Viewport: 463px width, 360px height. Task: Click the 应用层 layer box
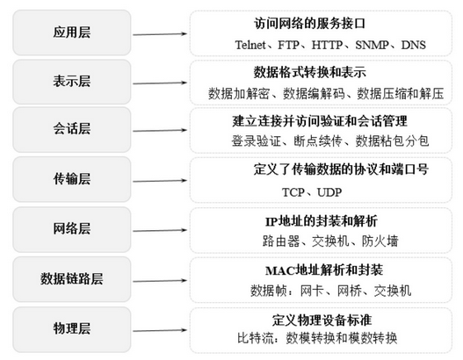(x=72, y=32)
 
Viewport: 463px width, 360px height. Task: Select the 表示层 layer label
(x=72, y=82)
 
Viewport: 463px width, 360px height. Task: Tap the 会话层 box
(x=72, y=130)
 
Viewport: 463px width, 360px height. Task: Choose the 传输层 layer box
(x=72, y=179)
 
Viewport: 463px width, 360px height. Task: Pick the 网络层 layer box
(x=72, y=229)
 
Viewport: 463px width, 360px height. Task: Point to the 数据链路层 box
(x=72, y=279)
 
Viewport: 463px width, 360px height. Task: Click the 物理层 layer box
(x=72, y=329)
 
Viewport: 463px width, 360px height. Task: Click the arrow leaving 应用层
(x=160, y=34)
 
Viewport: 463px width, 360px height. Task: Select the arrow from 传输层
(x=160, y=181)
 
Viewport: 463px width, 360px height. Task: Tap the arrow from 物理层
(x=160, y=330)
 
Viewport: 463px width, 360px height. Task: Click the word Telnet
(x=250, y=45)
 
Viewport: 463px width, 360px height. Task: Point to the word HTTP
(x=327, y=45)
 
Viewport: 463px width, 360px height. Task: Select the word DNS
(x=414, y=45)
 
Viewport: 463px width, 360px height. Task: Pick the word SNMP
(x=372, y=45)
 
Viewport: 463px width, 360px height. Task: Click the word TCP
(x=293, y=192)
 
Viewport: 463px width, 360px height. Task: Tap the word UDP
(x=329, y=192)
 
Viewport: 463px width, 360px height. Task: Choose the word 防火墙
(x=380, y=241)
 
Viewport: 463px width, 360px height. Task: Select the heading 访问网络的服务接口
(x=310, y=24)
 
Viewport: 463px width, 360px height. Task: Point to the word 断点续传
(x=318, y=140)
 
